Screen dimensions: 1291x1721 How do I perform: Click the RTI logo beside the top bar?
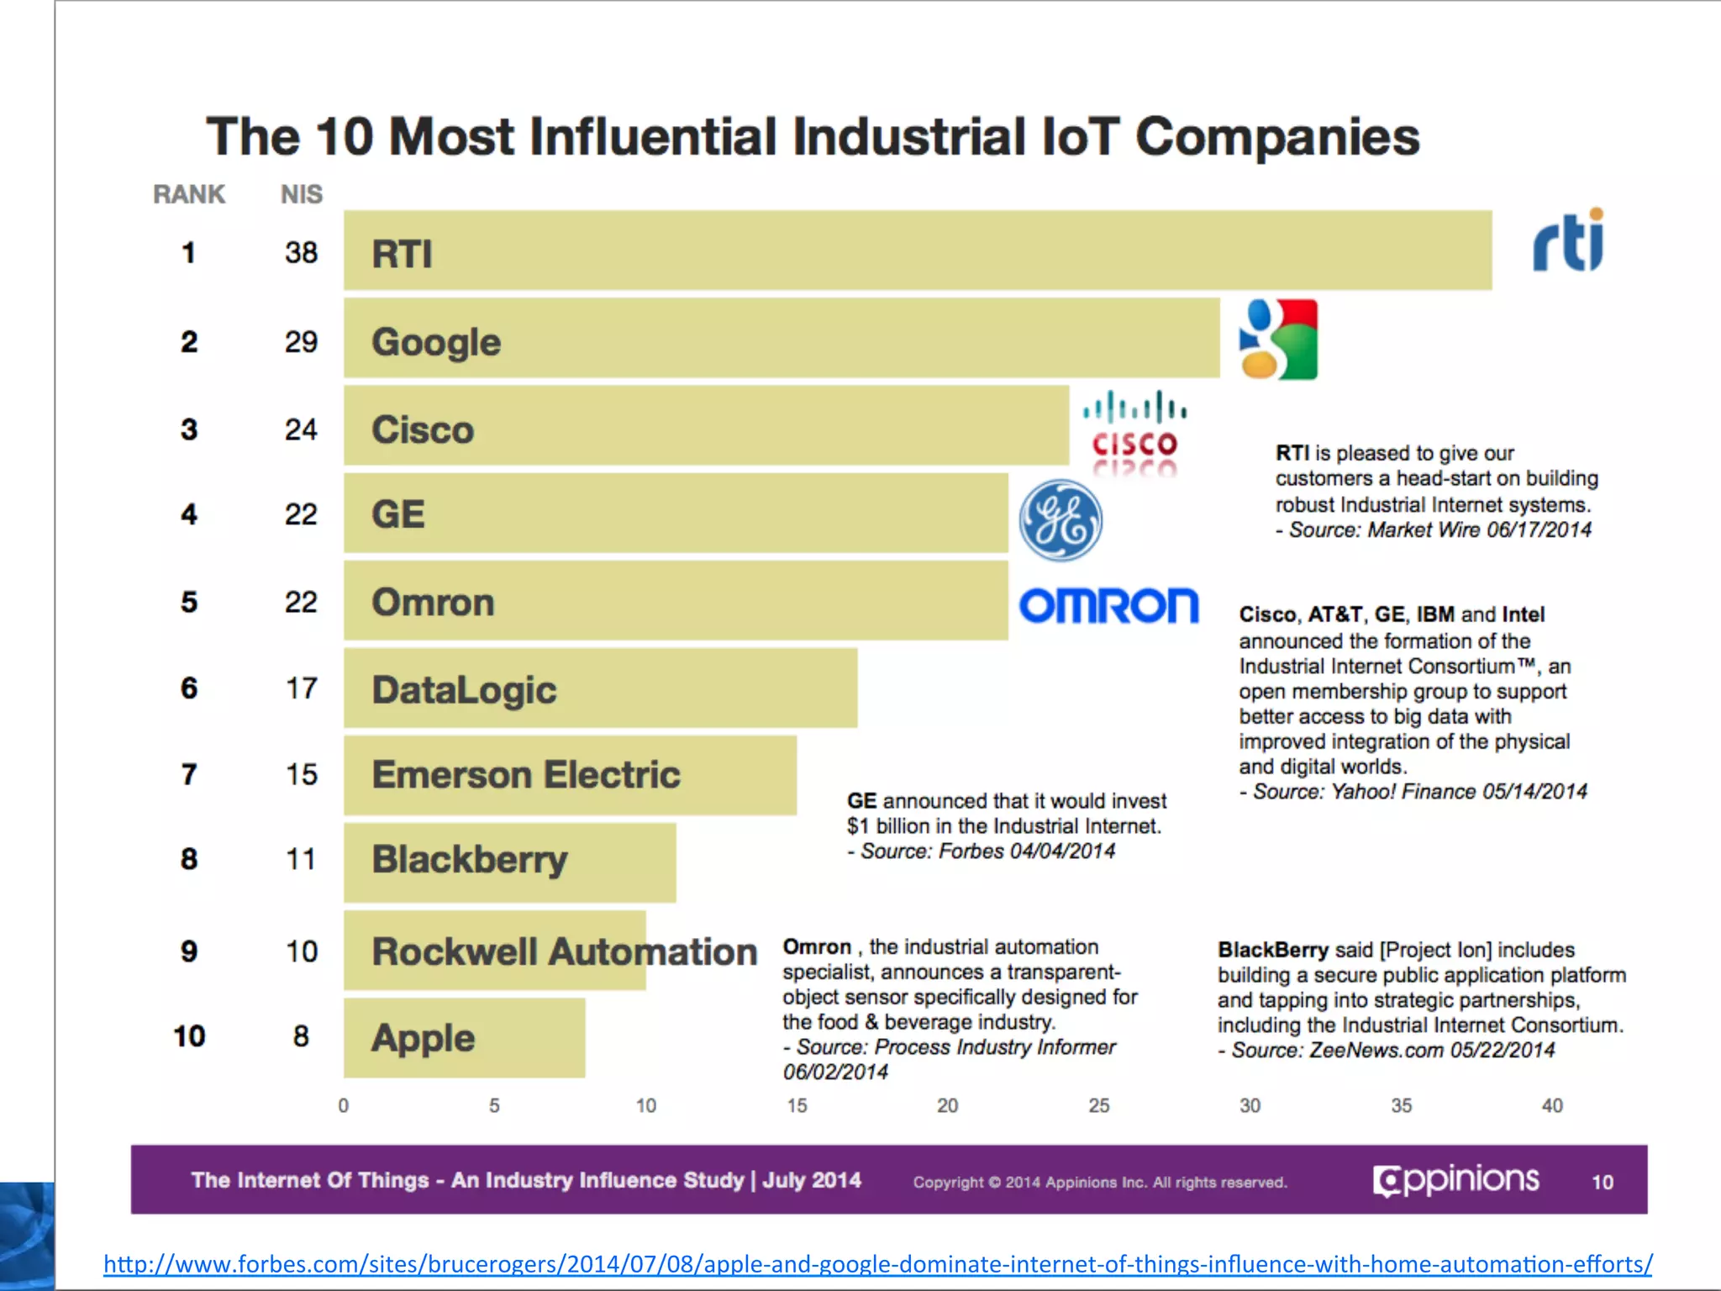pyautogui.click(x=1568, y=242)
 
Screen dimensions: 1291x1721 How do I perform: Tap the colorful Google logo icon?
pyautogui.click(x=1278, y=340)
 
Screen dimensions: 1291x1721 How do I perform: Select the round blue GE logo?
pyautogui.click(x=1060, y=520)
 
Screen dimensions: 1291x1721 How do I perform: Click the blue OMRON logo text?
pyautogui.click(x=1108, y=605)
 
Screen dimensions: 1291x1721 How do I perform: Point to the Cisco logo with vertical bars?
pyautogui.click(x=1134, y=430)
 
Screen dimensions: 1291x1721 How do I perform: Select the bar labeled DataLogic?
pyautogui.click(x=600, y=688)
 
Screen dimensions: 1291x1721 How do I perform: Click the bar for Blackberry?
pyautogui.click(x=509, y=862)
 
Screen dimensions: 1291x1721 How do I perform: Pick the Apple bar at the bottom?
pyautogui.click(x=464, y=1038)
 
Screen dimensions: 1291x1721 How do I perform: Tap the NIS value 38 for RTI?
pyautogui.click(x=301, y=252)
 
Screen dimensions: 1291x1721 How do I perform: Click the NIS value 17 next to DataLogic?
pyautogui.click(x=301, y=688)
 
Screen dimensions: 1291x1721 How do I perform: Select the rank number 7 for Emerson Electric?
pyautogui.click(x=189, y=774)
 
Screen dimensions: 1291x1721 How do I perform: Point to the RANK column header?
pyautogui.click(x=189, y=194)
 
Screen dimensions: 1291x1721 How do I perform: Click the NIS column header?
pyautogui.click(x=301, y=194)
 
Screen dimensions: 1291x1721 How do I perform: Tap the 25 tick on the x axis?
pyautogui.click(x=1098, y=1105)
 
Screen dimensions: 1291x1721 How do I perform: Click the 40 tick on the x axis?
pyautogui.click(x=1551, y=1105)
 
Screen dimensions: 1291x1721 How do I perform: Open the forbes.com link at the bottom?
pyautogui.click(x=877, y=1263)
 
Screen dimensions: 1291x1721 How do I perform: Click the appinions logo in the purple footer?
pyautogui.click(x=1455, y=1180)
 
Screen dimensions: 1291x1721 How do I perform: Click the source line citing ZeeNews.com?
pyautogui.click(x=1387, y=1050)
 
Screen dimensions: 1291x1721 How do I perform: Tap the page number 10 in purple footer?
pyautogui.click(x=1602, y=1182)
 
